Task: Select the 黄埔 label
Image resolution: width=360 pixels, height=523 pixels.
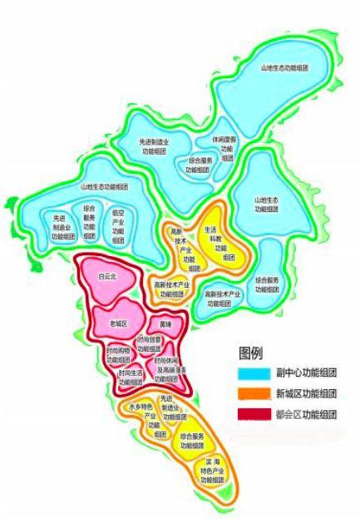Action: [x=164, y=323]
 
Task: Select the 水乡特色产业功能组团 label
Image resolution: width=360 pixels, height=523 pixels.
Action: [x=138, y=418]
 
